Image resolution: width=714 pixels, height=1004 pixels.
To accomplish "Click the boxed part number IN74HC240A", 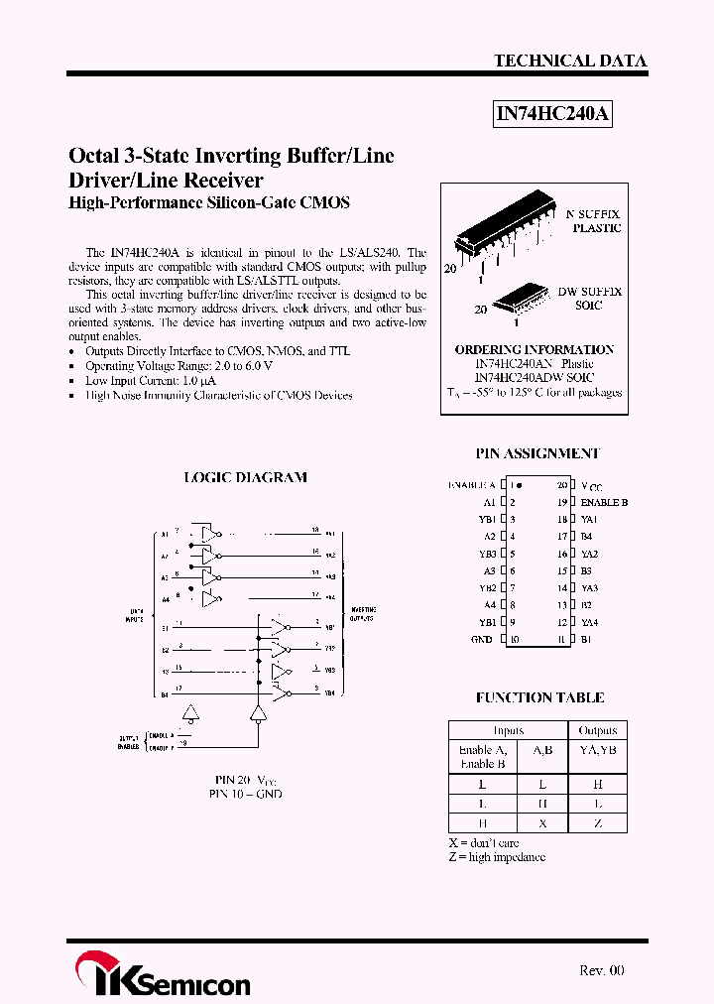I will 552,114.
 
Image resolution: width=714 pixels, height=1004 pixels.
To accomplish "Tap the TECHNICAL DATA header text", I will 570,61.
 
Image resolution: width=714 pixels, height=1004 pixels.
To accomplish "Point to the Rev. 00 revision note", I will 601,970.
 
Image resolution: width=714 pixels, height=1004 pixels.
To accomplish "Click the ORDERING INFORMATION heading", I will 534,350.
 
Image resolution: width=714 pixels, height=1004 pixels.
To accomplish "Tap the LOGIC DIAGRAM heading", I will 245,477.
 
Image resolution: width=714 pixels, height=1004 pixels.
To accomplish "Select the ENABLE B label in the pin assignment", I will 604,502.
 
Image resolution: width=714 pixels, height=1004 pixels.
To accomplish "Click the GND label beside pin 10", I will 482,640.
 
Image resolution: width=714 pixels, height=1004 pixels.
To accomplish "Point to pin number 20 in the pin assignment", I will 561,485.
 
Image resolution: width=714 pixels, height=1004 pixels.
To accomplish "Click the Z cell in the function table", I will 597,823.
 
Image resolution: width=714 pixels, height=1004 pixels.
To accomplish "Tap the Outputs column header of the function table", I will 597,730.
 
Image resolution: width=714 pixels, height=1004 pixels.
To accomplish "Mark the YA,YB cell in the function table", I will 597,751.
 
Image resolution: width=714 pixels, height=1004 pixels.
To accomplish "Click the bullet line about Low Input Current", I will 151,380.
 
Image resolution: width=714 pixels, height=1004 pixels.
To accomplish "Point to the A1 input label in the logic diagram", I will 164,535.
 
